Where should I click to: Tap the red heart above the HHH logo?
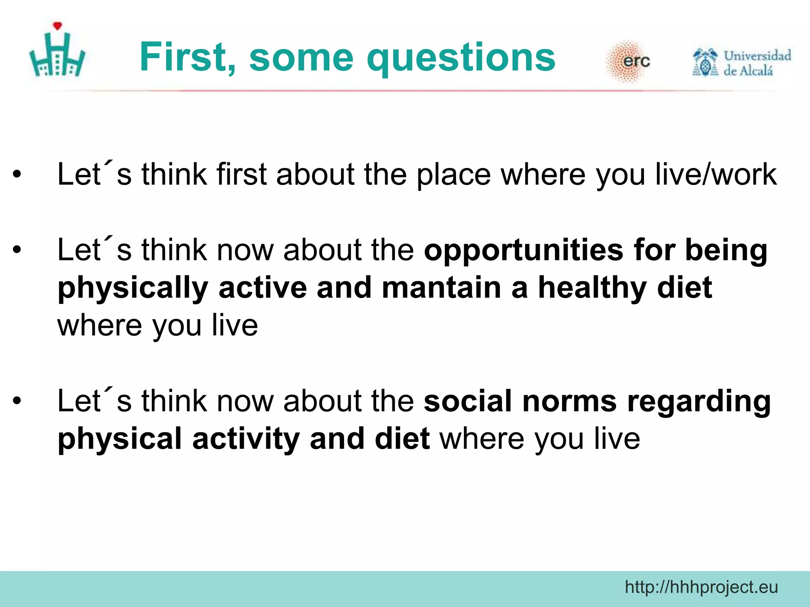[x=58, y=26]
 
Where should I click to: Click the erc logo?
[x=629, y=61]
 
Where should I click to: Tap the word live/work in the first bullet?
[x=716, y=174]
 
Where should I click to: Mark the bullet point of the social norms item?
[x=16, y=401]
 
